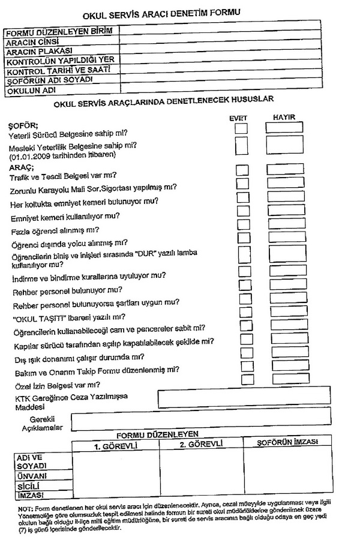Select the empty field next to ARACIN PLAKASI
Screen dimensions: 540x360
pos(232,50)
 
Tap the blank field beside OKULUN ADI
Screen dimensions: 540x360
pos(232,91)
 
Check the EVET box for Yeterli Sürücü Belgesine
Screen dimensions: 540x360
pos(241,128)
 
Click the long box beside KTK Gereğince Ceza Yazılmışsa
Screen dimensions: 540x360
pos(243,396)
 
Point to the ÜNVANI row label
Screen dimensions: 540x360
pos(31,476)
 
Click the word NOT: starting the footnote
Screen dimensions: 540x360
pos(25,509)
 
